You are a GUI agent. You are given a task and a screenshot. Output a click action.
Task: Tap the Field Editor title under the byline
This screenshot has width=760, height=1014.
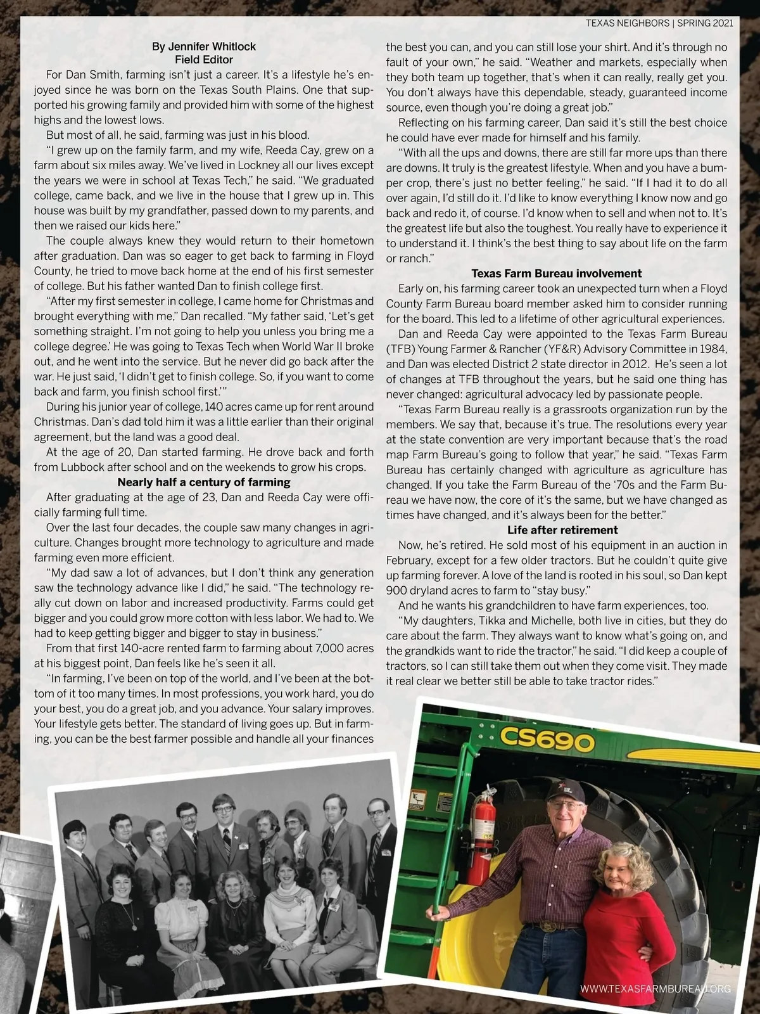coord(204,60)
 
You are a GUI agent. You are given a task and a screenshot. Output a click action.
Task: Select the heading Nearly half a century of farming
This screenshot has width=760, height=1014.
coord(204,483)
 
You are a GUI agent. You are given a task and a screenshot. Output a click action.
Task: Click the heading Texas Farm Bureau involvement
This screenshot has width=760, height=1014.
coord(557,274)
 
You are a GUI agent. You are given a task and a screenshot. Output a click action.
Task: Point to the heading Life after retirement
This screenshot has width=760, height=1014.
coord(562,530)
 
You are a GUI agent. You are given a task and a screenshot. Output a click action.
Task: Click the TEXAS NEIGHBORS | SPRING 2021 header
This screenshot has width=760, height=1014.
coord(659,23)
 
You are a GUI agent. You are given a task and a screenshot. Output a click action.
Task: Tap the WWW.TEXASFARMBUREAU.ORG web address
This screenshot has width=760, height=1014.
coord(655,989)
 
